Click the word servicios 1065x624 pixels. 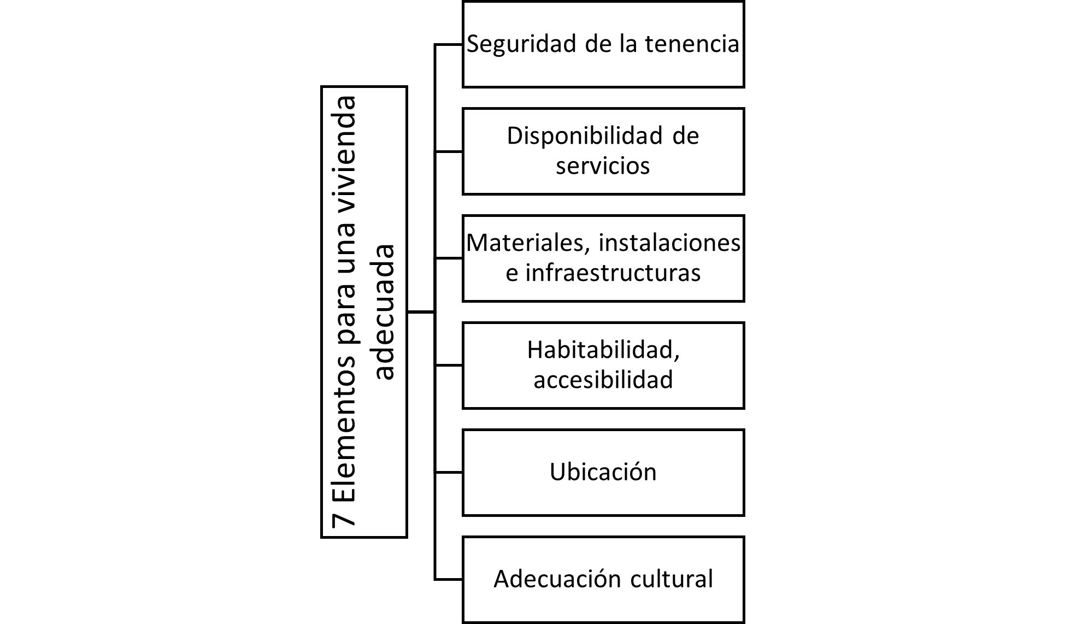[x=603, y=165]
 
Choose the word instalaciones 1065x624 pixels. [x=670, y=243]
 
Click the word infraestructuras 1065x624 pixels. [x=613, y=272]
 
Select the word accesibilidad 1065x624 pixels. [x=603, y=379]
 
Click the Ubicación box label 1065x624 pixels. [x=603, y=472]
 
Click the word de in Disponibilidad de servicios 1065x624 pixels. [x=686, y=136]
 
